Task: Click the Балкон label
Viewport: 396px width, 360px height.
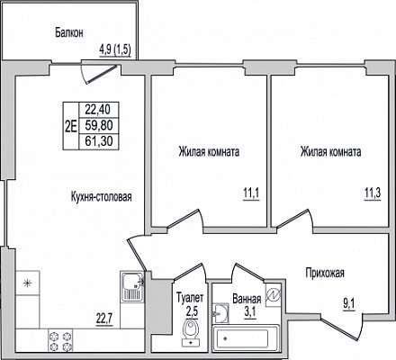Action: pyautogui.click(x=69, y=32)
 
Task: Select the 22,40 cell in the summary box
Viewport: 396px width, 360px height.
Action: pyautogui.click(x=98, y=110)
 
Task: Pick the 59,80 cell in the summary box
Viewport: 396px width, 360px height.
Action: pyautogui.click(x=98, y=125)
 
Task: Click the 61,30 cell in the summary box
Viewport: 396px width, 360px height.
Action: pyautogui.click(x=98, y=141)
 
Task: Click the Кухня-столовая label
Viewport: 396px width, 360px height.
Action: pyautogui.click(x=102, y=197)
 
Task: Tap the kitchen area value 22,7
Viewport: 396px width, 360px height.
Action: pyautogui.click(x=103, y=319)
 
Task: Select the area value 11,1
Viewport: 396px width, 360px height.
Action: pyautogui.click(x=251, y=194)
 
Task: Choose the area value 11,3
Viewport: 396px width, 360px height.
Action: pyautogui.click(x=373, y=193)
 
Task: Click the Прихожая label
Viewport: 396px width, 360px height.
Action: pyautogui.click(x=325, y=274)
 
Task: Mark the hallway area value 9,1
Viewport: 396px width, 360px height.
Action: pyautogui.click(x=349, y=305)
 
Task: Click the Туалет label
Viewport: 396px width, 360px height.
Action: pyautogui.click(x=190, y=298)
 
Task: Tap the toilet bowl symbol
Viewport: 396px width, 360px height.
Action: pyautogui.click(x=191, y=332)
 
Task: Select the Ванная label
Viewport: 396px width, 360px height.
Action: pyautogui.click(x=247, y=299)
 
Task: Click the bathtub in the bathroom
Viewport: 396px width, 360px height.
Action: pyautogui.click(x=246, y=338)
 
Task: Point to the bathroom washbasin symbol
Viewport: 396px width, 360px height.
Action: pyautogui.click(x=220, y=313)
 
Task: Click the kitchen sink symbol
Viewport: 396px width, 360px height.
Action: pyautogui.click(x=132, y=286)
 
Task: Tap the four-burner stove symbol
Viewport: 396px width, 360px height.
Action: pyautogui.click(x=60, y=340)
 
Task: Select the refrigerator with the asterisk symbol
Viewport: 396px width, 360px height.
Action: pyautogui.click(x=28, y=283)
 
